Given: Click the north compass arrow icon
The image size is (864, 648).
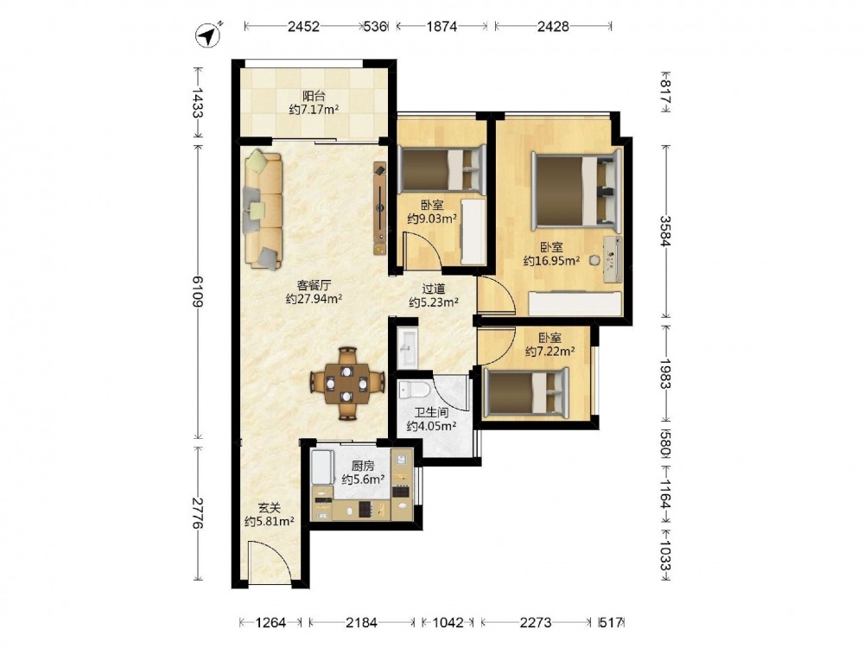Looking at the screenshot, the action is point(208,35).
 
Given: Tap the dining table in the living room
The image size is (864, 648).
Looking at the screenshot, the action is point(347,383).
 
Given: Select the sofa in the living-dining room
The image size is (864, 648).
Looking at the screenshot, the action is point(263,209).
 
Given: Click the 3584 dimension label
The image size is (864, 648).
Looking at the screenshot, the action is point(666,231).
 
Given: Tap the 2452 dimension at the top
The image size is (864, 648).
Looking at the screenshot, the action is point(303,26).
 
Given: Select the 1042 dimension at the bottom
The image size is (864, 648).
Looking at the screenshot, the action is point(448,623).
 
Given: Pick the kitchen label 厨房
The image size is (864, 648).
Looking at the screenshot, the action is point(363,467).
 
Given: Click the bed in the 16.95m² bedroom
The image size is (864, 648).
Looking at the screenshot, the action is point(576,191).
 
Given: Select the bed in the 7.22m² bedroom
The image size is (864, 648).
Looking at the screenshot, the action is point(525,391).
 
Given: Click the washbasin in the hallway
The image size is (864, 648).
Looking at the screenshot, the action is point(408,348).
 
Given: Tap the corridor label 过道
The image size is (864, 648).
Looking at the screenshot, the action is point(434,289).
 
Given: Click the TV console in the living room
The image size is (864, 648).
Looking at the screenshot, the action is point(380,208).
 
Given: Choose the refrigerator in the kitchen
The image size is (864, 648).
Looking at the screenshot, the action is point(322,467).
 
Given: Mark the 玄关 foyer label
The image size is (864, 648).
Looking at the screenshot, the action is point(270,508).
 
